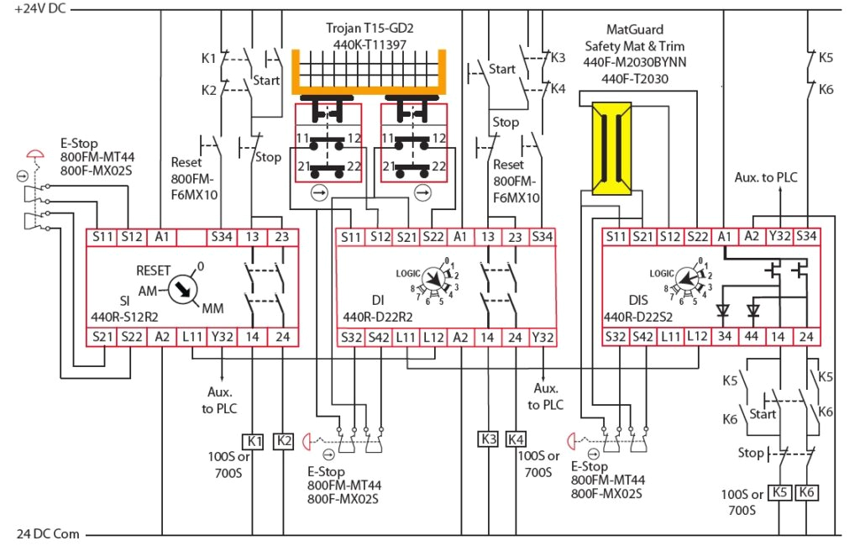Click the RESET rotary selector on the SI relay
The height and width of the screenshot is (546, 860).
181,290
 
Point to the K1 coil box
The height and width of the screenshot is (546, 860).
254,440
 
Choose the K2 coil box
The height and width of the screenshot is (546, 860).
285,440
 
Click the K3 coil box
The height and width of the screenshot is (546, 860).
489,438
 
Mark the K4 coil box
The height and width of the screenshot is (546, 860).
517,438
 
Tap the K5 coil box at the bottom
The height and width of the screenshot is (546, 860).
781,492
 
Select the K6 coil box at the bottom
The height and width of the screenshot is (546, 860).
808,492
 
